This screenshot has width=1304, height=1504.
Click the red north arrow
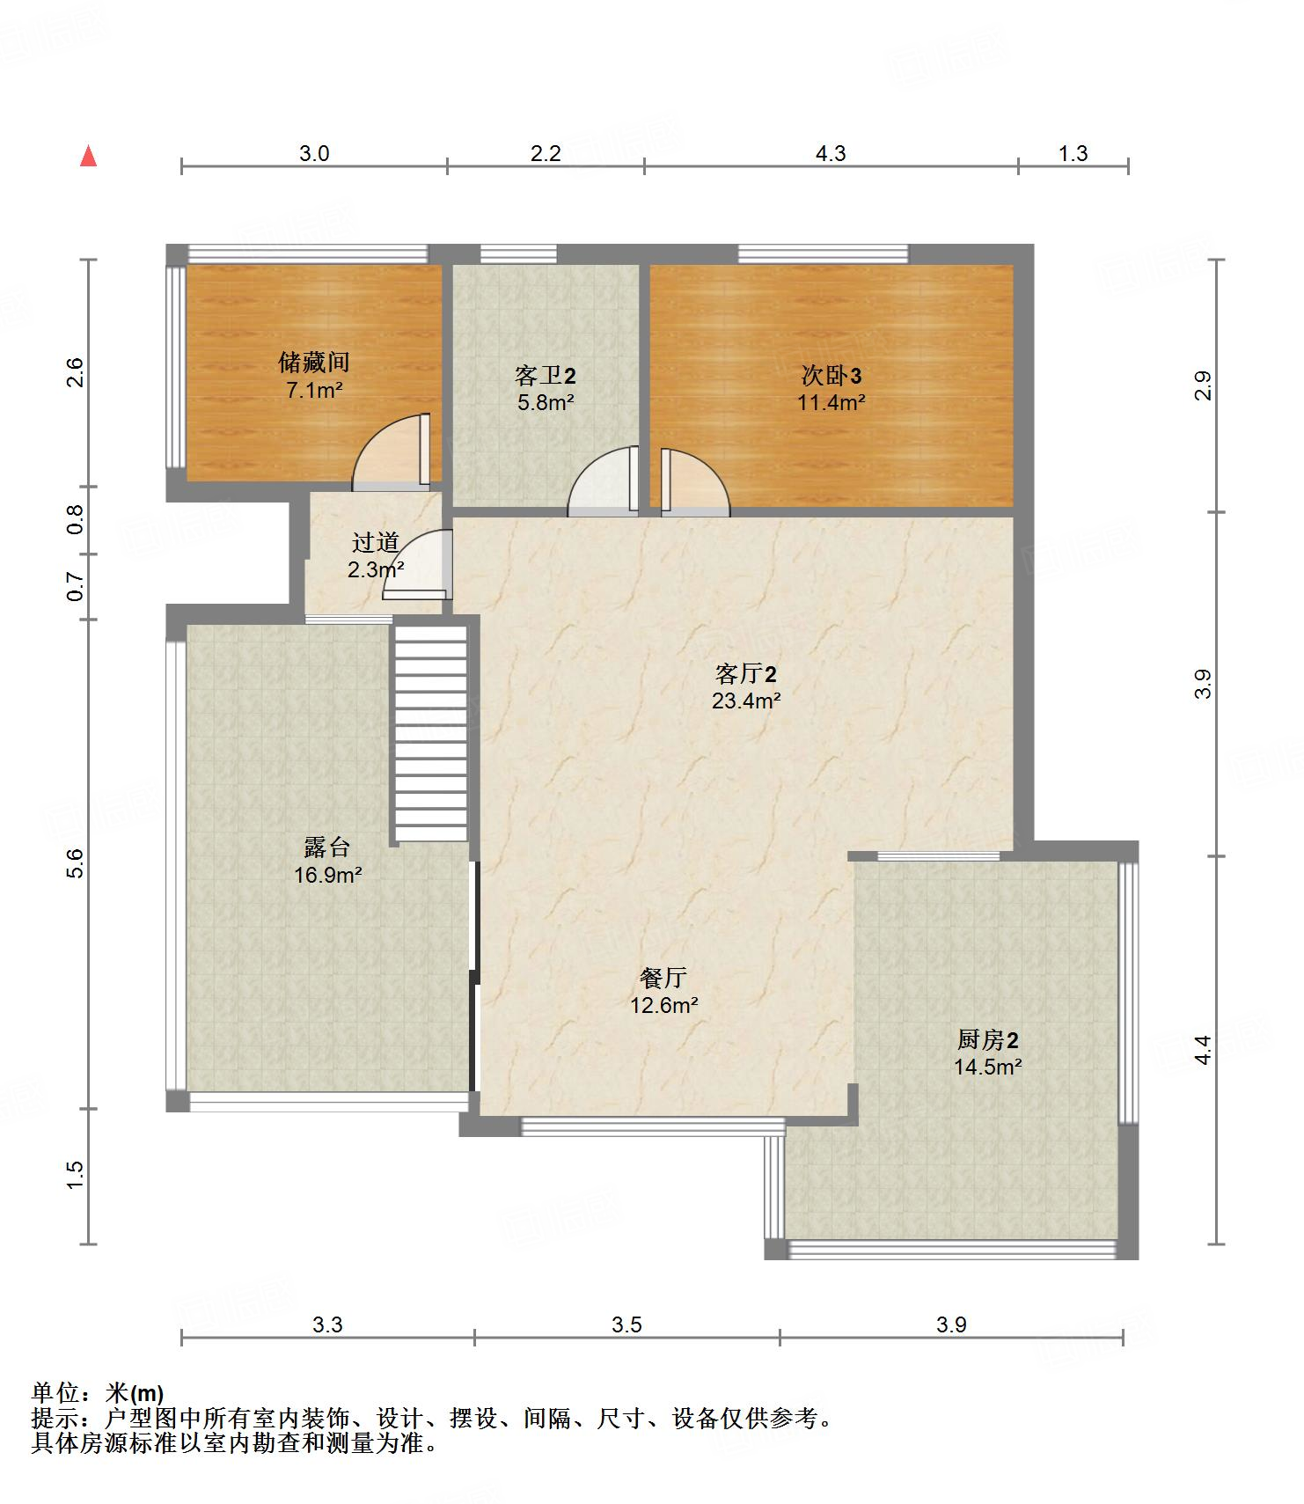pos(88,156)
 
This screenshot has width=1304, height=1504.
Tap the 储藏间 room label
pos(314,362)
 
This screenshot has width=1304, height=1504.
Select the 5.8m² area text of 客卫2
pos(545,403)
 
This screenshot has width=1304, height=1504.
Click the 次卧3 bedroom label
pos(831,376)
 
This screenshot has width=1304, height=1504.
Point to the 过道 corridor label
pos(376,543)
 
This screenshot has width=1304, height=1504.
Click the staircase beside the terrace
pos(430,733)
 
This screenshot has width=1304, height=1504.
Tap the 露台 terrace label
pos(327,847)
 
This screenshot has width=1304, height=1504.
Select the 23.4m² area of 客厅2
pos(746,701)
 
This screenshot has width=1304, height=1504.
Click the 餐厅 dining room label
pos(663,978)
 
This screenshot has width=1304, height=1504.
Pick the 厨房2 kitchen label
pos(988,1040)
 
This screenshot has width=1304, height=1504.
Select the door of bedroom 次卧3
pos(695,482)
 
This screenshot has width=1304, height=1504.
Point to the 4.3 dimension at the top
pos(831,154)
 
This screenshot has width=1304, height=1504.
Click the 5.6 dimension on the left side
pos(76,862)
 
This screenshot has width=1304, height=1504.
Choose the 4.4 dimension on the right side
pos(1203,1050)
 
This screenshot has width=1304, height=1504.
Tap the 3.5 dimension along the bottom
pos(627,1324)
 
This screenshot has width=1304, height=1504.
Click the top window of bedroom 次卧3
pos(823,254)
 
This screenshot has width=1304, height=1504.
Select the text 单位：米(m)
pos(98,1393)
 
